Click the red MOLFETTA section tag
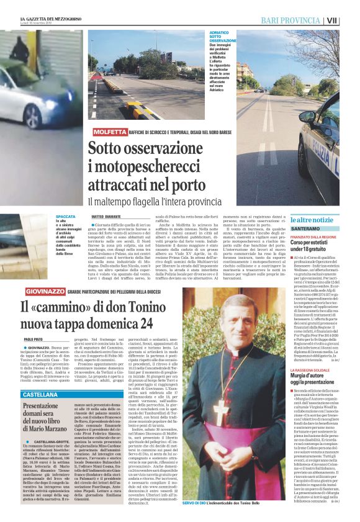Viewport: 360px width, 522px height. pyautogui.click(x=109, y=132)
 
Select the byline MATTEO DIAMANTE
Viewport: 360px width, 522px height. pyautogui.click(x=106, y=217)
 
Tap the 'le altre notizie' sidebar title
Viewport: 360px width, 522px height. pyautogui.click(x=311, y=220)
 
